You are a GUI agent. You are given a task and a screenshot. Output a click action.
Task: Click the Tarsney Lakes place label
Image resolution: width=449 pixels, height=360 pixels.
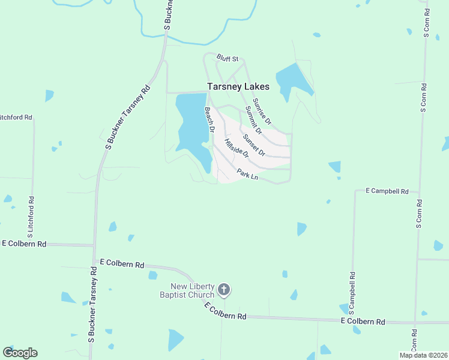238,86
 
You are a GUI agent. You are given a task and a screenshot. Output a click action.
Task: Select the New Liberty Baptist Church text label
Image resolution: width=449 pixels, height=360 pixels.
187,290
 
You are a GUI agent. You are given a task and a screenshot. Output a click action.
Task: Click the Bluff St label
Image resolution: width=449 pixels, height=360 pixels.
228,59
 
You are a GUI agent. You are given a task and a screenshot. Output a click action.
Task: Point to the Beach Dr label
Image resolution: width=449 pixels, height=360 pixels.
209,119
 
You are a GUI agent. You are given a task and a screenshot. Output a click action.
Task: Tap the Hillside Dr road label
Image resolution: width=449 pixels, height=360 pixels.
236,148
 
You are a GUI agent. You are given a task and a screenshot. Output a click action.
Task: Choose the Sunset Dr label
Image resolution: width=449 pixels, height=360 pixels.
254,143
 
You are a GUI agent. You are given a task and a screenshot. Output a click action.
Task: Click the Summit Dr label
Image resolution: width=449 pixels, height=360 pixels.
253,120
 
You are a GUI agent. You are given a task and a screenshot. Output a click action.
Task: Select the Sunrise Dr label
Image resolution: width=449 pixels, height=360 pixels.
262,111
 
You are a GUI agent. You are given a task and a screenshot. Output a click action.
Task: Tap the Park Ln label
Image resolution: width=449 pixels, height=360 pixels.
247,175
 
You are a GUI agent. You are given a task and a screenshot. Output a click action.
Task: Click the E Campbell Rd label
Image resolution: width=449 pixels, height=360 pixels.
387,191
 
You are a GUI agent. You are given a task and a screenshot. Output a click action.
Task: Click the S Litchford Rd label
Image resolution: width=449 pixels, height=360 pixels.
30,214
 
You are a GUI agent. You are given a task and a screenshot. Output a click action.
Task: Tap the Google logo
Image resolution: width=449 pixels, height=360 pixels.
20,353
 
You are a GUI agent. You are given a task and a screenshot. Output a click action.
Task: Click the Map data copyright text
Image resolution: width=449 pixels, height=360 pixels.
423,355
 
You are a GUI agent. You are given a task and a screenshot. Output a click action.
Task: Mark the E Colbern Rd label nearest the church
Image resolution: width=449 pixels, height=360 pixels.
226,311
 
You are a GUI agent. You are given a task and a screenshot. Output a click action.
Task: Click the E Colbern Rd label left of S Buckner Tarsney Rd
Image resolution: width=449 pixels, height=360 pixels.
24,244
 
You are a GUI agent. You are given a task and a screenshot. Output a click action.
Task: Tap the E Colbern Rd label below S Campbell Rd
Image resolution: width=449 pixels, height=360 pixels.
363,322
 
